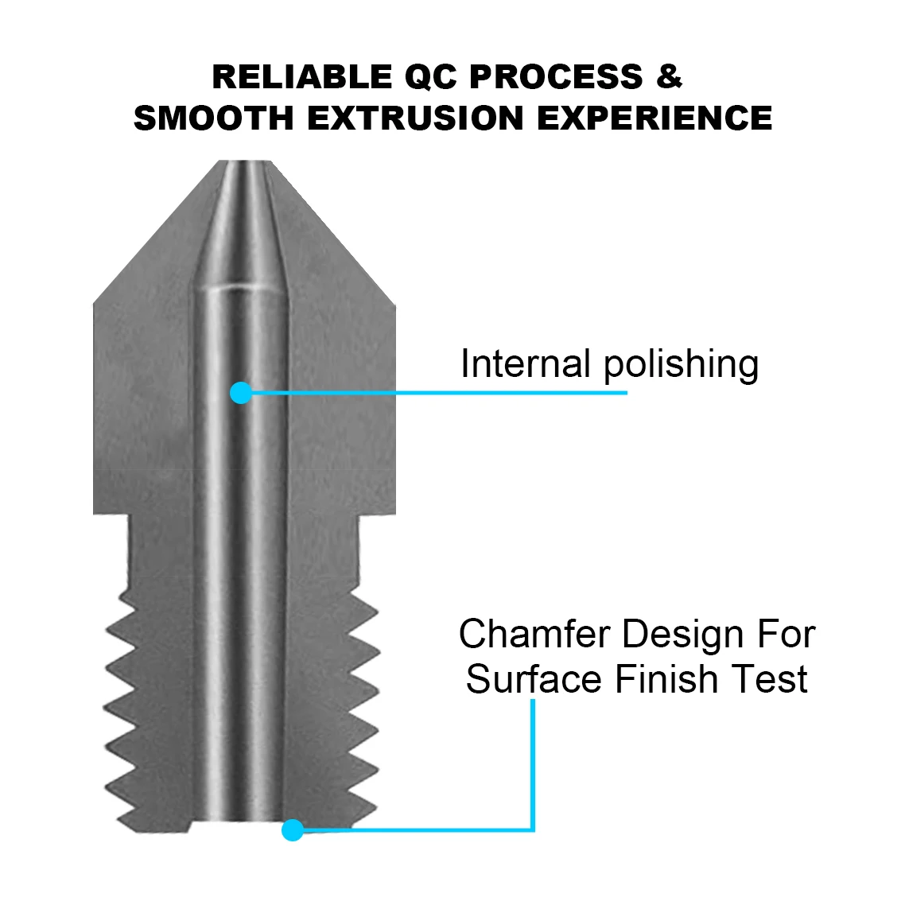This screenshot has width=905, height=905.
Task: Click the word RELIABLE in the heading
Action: (x=302, y=77)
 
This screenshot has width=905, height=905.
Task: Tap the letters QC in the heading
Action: (x=431, y=77)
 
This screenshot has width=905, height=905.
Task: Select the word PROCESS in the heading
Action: (x=557, y=77)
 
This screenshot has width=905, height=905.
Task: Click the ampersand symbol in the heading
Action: (x=670, y=77)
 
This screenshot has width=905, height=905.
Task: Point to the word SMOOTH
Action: (x=214, y=118)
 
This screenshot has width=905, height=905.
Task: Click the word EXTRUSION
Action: (x=416, y=118)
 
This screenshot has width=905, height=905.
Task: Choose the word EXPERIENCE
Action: (x=654, y=118)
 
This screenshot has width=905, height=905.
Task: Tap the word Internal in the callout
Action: (x=526, y=363)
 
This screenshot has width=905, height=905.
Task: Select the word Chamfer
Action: (x=534, y=634)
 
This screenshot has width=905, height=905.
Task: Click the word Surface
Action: (x=534, y=679)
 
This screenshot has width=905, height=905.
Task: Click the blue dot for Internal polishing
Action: (x=241, y=393)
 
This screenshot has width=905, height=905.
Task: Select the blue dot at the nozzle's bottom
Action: (x=293, y=830)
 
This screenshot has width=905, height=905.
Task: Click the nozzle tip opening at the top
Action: (x=245, y=163)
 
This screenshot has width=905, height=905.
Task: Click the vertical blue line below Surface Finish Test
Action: (x=533, y=765)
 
